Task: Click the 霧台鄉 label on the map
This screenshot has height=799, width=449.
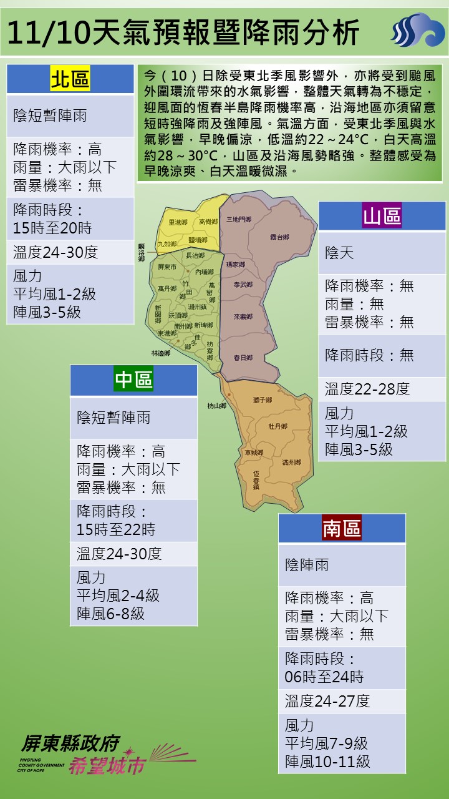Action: click(x=280, y=237)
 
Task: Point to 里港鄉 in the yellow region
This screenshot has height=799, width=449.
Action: click(x=178, y=222)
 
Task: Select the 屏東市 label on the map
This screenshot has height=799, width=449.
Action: click(x=168, y=267)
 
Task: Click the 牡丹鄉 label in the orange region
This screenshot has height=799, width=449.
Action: click(x=278, y=426)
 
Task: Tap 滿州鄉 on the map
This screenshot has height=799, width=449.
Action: click(x=291, y=463)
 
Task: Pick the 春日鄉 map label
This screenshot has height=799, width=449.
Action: click(x=243, y=358)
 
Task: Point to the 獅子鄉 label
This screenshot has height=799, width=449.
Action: click(x=263, y=399)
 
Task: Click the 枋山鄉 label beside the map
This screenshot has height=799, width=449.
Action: click(x=217, y=406)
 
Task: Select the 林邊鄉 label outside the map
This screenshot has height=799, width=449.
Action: click(x=160, y=353)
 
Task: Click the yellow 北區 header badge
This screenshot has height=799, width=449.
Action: click(x=70, y=79)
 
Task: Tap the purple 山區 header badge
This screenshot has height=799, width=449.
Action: click(x=382, y=217)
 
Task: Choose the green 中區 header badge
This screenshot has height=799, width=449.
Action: click(x=133, y=380)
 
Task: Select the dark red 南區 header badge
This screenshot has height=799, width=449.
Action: click(x=342, y=528)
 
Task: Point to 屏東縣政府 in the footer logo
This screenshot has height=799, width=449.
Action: click(x=70, y=743)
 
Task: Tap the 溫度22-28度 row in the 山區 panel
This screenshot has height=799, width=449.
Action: click(x=367, y=390)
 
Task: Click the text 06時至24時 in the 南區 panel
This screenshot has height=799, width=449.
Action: click(x=324, y=677)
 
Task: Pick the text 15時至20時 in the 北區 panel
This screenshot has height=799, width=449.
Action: click(x=52, y=228)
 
